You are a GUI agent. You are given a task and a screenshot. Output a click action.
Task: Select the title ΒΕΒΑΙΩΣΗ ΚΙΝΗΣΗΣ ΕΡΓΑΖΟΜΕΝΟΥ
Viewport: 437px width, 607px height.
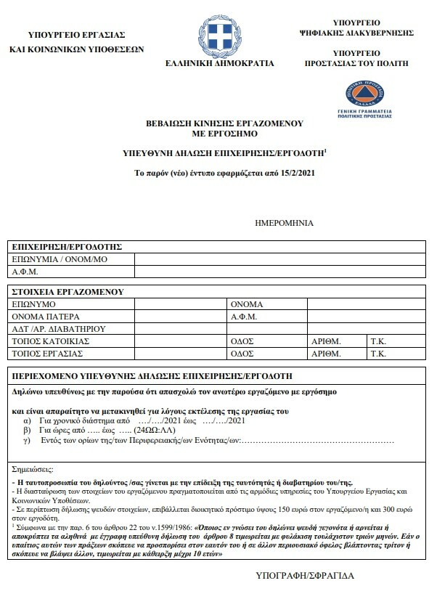pyautogui.click(x=218, y=123)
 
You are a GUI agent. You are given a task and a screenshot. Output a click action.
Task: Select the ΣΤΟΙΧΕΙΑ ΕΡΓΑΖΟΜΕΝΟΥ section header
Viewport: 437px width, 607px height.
pyautogui.click(x=65, y=292)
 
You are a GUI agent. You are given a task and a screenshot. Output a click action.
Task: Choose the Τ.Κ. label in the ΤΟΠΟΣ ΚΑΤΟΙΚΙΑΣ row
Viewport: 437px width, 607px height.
pyautogui.click(x=377, y=341)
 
